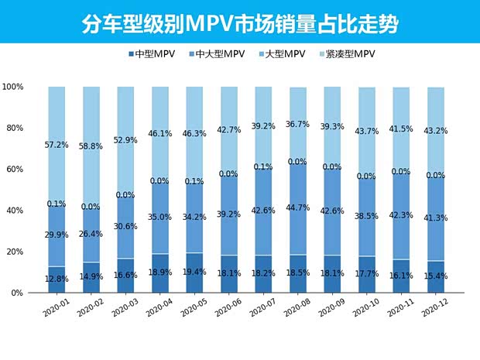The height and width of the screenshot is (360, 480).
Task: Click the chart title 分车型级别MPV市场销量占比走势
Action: [240, 24]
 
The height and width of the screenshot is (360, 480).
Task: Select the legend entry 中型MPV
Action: [156, 54]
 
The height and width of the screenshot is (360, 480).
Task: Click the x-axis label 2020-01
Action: [55, 309]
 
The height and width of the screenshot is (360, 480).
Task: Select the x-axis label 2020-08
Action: [295, 309]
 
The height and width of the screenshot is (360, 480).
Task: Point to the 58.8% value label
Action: [91, 144]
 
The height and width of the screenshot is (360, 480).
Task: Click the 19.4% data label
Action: [194, 273]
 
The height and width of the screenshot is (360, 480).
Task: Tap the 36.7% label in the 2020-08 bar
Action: [297, 124]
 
